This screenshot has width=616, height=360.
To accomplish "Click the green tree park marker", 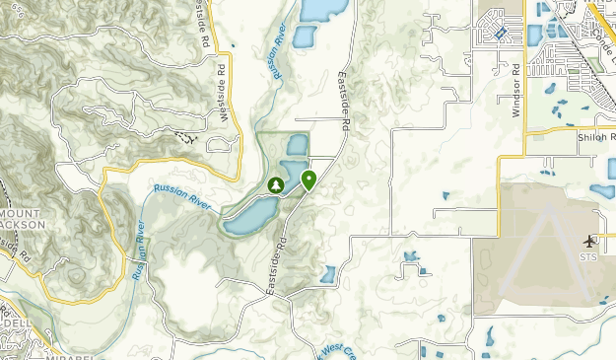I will (x=276, y=184).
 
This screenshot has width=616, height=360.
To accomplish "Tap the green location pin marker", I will (x=308, y=180).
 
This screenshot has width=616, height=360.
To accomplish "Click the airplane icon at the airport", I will (x=590, y=242).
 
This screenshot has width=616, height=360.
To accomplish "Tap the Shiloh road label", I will (x=596, y=138).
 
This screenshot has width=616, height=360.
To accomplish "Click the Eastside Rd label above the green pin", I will (x=343, y=103).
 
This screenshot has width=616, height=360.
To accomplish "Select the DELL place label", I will (x=16, y=323).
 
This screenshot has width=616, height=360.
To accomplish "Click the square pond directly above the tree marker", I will (x=296, y=145).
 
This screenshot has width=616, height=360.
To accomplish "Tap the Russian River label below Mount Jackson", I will (x=137, y=252).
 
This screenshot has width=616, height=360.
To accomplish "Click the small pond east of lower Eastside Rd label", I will (x=328, y=274).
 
